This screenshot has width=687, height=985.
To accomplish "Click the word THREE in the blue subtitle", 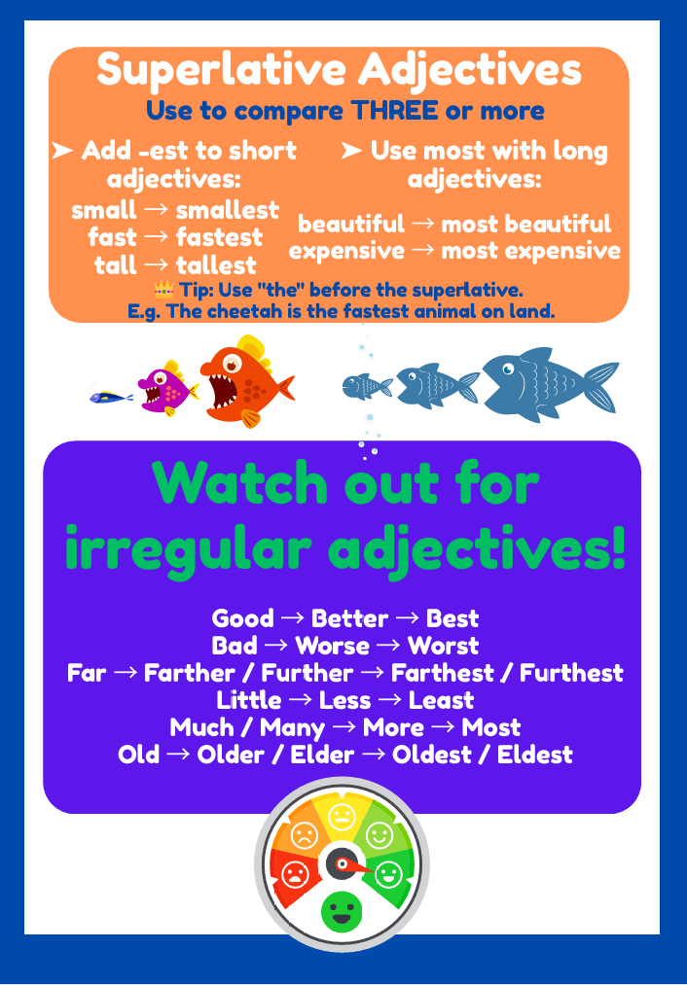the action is [x=394, y=111].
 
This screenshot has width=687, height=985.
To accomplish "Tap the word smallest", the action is [x=227, y=210].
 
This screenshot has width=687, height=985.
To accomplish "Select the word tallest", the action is [x=216, y=265].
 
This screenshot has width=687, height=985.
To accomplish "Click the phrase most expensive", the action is [x=530, y=251].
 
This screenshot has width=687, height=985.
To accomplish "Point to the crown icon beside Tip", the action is [x=164, y=290].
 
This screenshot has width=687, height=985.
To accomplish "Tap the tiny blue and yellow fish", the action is [x=111, y=397].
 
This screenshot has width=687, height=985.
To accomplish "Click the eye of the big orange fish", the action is [x=232, y=364].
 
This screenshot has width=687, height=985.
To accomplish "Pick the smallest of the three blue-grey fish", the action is [x=367, y=386].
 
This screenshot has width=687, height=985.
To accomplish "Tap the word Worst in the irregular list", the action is [x=443, y=646].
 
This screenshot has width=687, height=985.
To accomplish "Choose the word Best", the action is [x=452, y=618].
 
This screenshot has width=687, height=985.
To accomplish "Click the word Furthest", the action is [x=571, y=674].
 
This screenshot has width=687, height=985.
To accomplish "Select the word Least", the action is [x=441, y=700].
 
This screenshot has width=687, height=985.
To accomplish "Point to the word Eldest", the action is [x=535, y=756].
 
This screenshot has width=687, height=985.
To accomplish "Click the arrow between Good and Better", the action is [x=292, y=618].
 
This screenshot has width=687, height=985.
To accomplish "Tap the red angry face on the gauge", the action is [x=294, y=874].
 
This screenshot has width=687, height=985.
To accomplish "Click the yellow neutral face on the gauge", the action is [x=342, y=818].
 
